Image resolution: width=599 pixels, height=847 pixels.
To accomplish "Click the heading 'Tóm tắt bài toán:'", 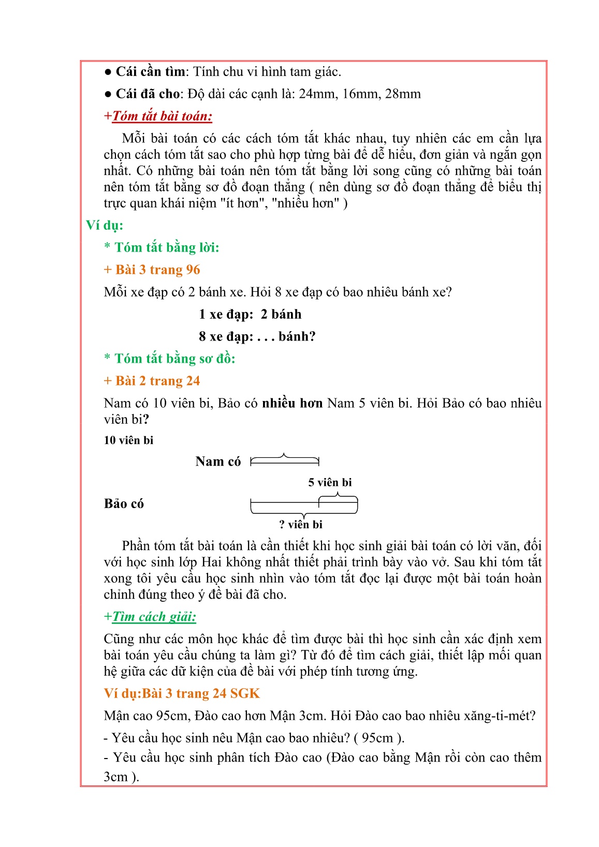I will [162, 116].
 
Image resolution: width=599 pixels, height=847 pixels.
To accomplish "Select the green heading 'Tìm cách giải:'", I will [154, 616].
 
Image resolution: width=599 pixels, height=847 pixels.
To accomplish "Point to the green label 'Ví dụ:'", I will [105, 225].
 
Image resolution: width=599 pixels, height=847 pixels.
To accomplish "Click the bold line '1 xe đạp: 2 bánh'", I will [250, 314].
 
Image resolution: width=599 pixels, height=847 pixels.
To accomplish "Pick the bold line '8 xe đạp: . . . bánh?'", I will [257, 336].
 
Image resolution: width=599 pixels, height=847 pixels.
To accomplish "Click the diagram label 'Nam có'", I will [218, 462].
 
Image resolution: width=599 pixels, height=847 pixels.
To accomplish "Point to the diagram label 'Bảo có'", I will [124, 504].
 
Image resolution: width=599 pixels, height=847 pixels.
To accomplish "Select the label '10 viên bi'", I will [128, 440].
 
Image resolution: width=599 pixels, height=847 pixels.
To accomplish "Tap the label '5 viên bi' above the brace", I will [330, 482].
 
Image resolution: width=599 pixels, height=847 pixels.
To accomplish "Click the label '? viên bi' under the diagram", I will [301, 525].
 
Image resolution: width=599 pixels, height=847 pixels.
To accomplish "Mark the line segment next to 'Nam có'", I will [285, 462].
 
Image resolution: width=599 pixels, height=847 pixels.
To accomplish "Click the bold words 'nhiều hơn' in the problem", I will [292, 403].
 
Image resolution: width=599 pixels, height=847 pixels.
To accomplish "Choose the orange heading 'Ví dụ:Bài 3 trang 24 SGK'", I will [182, 693].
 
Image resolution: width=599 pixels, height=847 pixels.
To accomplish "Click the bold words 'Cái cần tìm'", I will [150, 72].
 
